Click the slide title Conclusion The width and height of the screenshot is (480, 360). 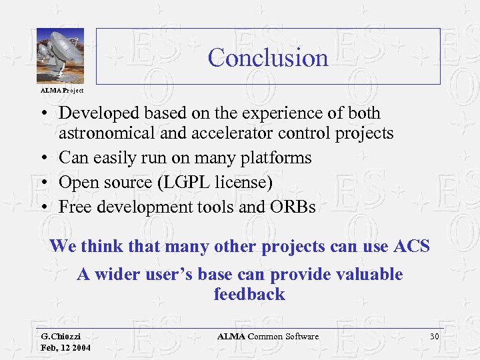[268, 58]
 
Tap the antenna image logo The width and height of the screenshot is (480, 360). [59, 56]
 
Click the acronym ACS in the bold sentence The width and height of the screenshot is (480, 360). [409, 246]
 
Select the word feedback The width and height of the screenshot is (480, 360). [249, 295]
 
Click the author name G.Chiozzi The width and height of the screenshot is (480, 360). [65, 337]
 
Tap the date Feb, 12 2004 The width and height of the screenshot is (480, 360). [65, 348]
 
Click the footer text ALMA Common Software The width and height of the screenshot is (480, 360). [267, 337]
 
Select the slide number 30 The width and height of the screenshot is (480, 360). [434, 337]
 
